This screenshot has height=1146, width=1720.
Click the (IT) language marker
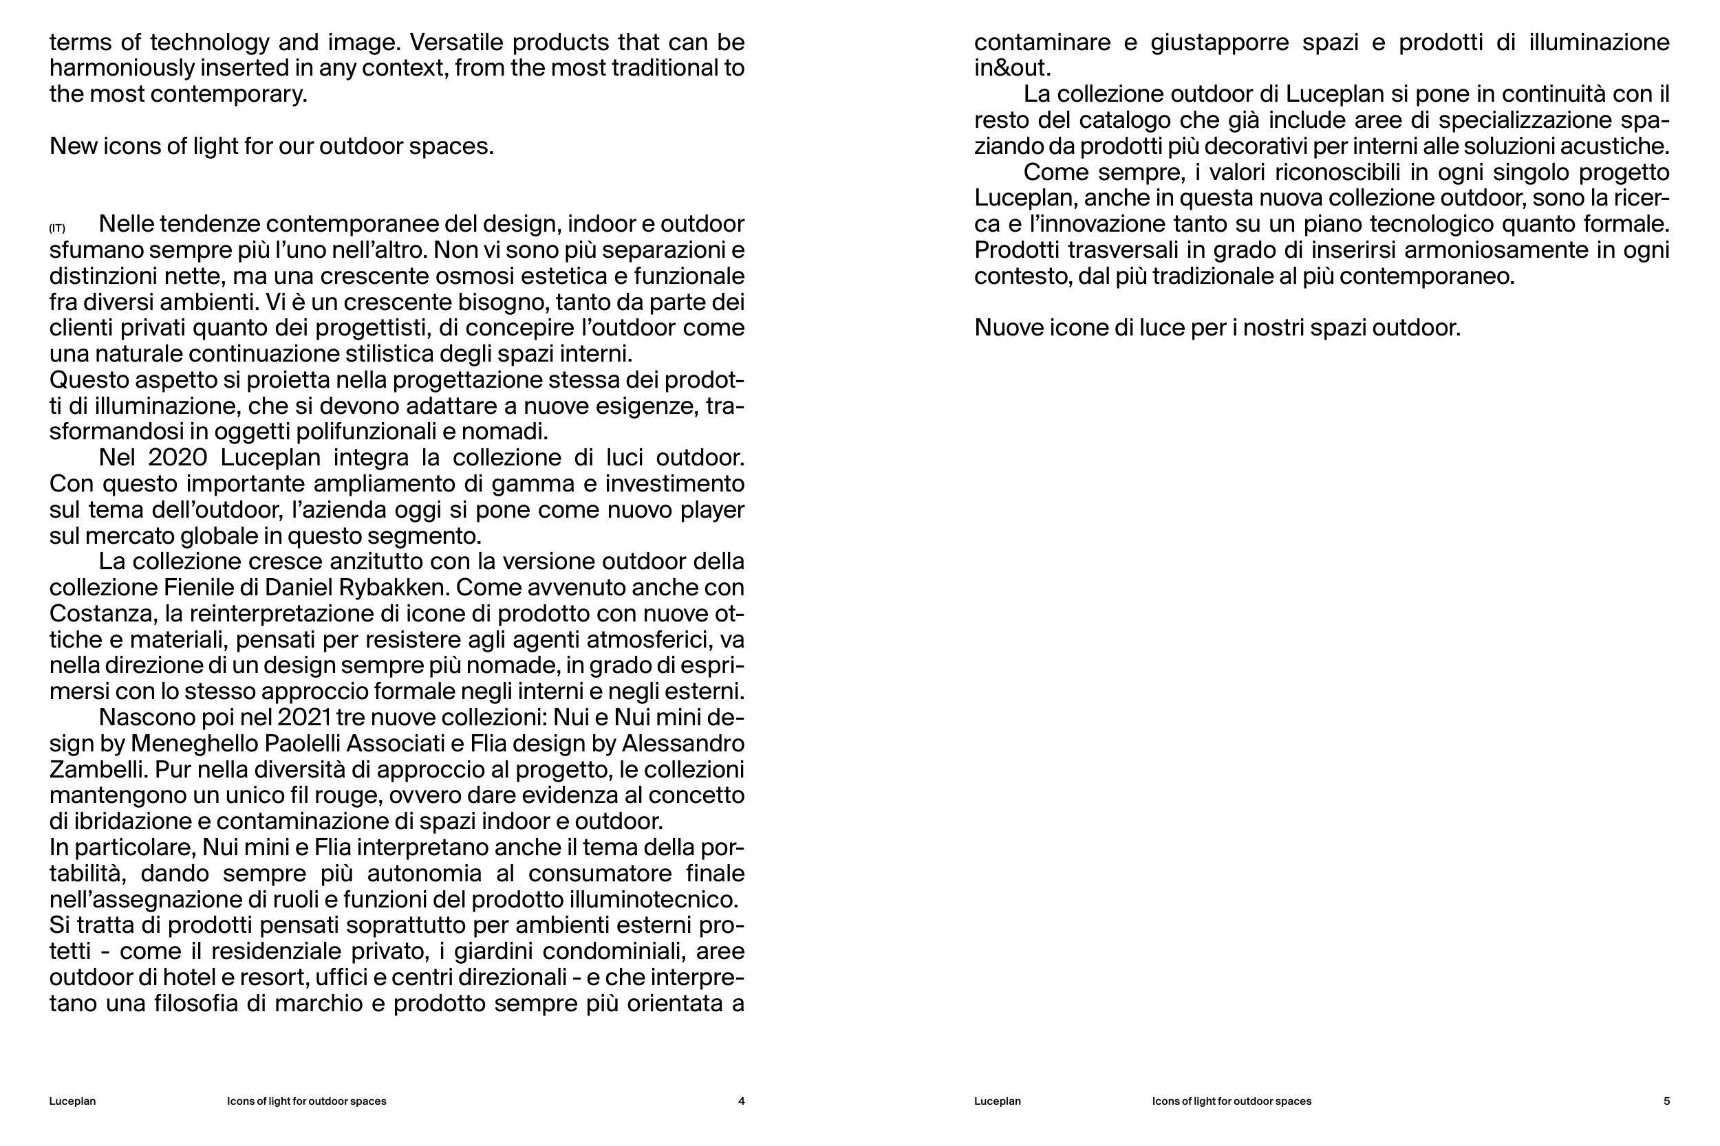[57, 229]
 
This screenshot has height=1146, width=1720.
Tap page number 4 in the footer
[741, 1101]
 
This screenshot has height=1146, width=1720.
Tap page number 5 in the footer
[1666, 1101]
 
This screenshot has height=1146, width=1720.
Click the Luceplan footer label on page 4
[72, 1101]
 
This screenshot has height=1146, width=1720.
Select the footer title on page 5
[1232, 1101]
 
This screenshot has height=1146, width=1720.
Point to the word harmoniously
[122, 69]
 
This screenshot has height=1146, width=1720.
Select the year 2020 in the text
[178, 459]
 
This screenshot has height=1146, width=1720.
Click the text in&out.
[1012, 69]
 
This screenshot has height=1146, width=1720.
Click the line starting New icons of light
[271, 146]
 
